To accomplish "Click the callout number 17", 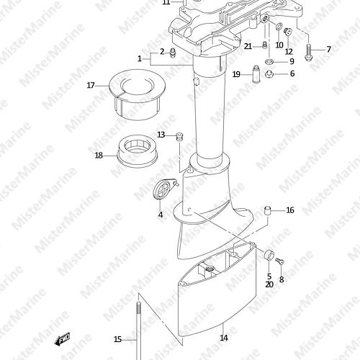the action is click(91, 85).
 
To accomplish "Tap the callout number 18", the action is click(99, 156).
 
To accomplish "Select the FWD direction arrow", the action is click(62, 339).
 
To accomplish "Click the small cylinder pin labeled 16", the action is click(268, 210).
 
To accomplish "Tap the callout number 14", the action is click(224, 338).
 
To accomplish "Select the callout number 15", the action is click(117, 339).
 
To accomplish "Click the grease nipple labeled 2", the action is click(172, 53).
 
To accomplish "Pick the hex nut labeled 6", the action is click(269, 73).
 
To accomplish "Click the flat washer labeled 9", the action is click(269, 61).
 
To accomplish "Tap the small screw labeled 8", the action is click(279, 261).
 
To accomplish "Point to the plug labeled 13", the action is click(179, 137).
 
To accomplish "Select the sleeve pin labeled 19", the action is click(256, 73).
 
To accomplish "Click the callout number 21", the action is click(248, 46).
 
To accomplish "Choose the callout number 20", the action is click(269, 284).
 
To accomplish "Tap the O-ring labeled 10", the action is click(279, 27).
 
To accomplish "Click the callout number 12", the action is click(289, 51).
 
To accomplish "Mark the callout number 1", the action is click(140, 58).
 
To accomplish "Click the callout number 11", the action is click(166, 2).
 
